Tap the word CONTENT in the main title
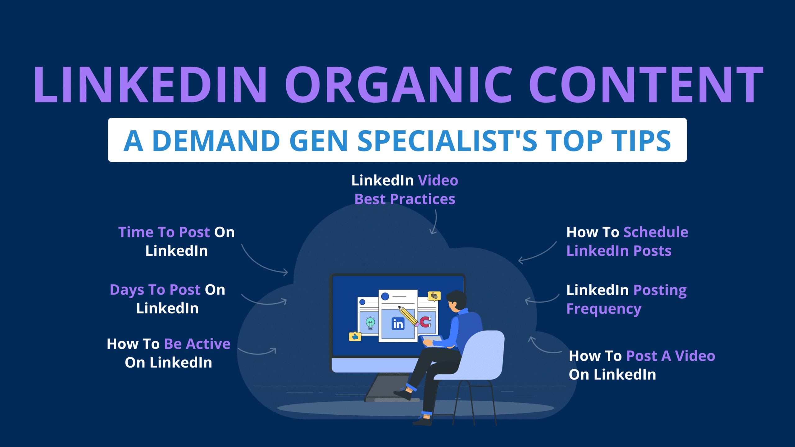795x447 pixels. [x=646, y=85]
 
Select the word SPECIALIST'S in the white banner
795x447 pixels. [x=447, y=141]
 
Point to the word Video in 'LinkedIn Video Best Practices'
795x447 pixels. [x=438, y=180]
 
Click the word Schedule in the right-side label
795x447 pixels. [x=656, y=232]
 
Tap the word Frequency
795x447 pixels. [x=604, y=309]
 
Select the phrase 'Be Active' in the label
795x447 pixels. [x=197, y=344]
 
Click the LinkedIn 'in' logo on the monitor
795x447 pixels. [x=398, y=324]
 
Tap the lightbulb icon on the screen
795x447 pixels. [x=370, y=323]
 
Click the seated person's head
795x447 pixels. [x=456, y=301]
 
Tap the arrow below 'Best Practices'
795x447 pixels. [x=434, y=222]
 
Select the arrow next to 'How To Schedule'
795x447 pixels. [x=537, y=253]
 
